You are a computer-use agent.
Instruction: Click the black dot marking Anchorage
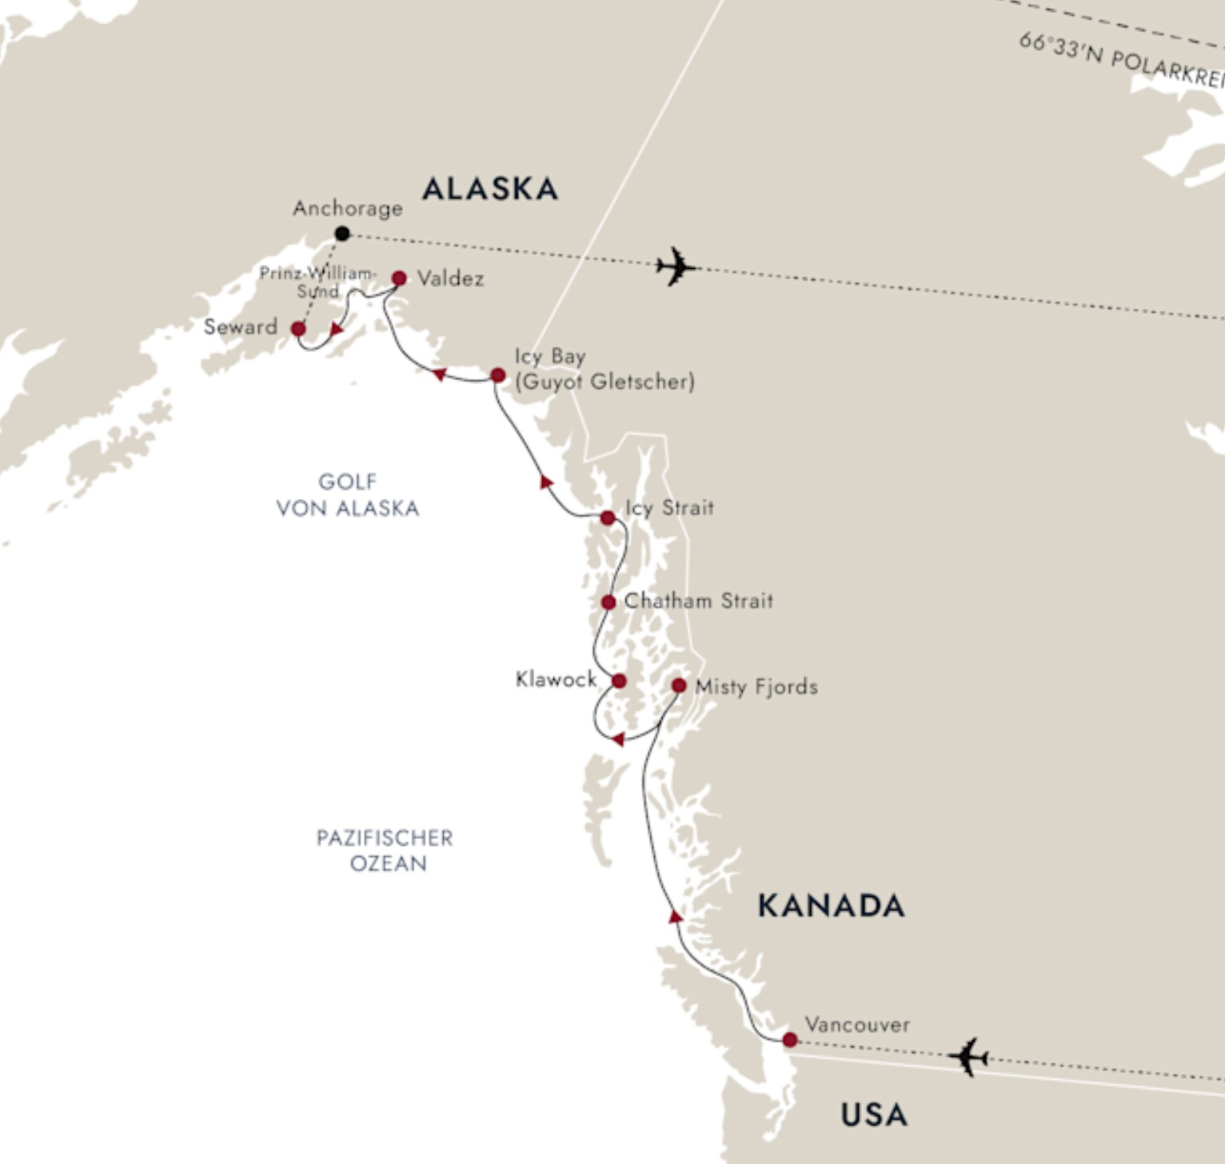click(342, 234)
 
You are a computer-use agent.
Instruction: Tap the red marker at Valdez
click(399, 278)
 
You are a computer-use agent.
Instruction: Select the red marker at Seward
click(298, 329)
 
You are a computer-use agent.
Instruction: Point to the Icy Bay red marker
click(497, 375)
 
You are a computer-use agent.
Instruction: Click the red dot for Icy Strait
click(608, 518)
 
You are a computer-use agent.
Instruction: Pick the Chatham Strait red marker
click(609, 602)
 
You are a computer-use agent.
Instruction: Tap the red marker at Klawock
click(619, 682)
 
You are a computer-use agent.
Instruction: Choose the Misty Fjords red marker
click(679, 686)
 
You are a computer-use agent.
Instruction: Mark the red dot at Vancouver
click(790, 1040)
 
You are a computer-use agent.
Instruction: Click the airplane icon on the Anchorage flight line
click(675, 266)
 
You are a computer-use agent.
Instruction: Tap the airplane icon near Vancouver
click(968, 1057)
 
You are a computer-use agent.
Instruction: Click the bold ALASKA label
click(490, 190)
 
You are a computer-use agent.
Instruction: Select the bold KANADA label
click(831, 906)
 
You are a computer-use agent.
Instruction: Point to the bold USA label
click(874, 1114)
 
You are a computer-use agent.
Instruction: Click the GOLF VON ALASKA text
click(348, 495)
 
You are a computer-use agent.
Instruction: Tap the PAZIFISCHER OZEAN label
click(385, 850)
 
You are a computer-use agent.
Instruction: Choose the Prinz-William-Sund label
click(317, 282)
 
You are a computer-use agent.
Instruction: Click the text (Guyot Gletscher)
click(605, 382)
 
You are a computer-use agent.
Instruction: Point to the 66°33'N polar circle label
click(1120, 60)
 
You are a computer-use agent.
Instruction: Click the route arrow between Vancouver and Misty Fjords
click(676, 916)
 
